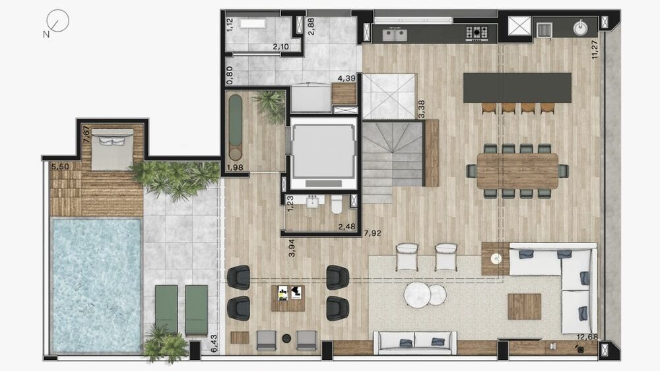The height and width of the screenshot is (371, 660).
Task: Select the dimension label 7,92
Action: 372,232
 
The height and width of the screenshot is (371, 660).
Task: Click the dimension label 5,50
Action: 60,167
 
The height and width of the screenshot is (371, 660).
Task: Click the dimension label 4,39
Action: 347,79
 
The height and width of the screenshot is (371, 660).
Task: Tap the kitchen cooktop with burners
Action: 477,32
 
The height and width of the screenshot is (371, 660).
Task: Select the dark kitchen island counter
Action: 517,87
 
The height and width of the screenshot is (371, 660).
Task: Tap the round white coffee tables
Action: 426,293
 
